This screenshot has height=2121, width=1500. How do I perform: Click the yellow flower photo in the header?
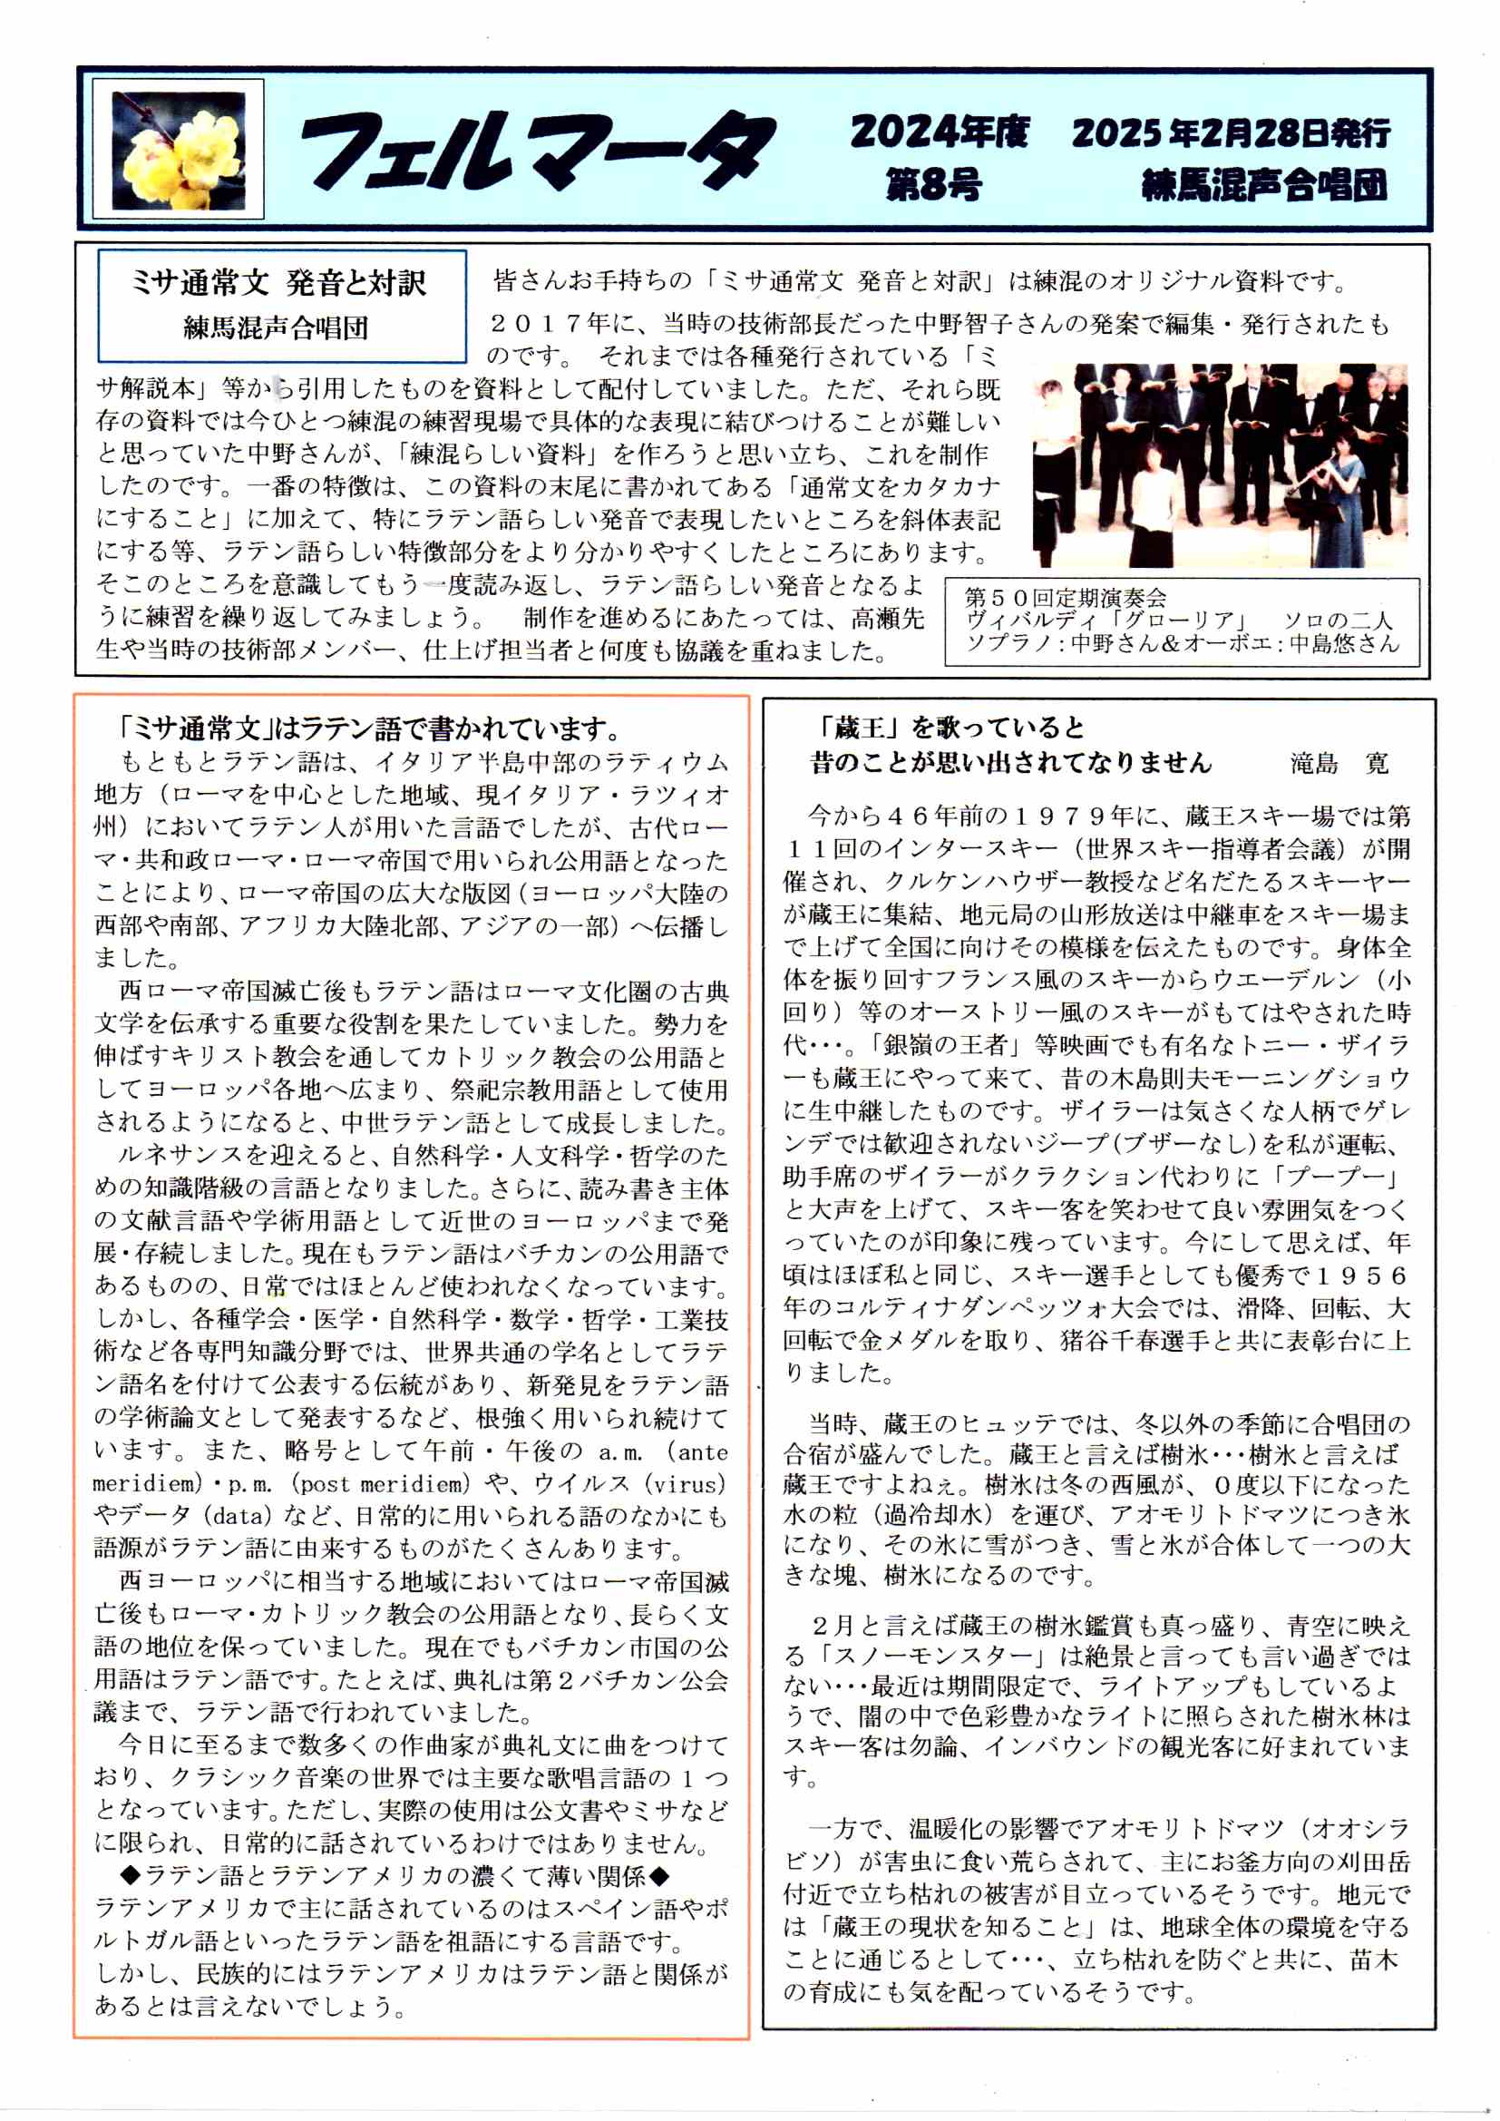point(179,150)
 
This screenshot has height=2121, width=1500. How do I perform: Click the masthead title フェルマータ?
point(536,152)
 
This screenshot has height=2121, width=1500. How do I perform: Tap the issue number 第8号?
point(934,185)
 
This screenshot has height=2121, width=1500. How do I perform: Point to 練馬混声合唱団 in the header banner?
point(1264,186)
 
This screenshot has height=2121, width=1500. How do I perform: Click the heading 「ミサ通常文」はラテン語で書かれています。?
point(369,728)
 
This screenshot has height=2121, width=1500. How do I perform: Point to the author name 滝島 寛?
point(1339,763)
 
